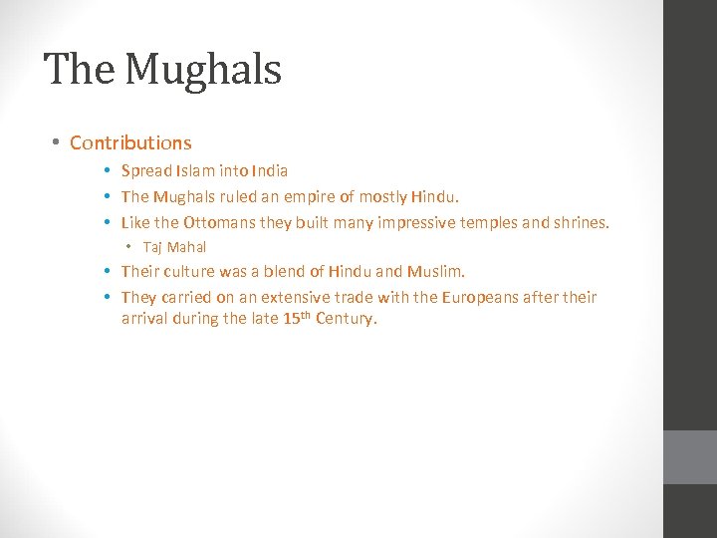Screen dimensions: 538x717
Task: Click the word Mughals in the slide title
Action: pos(203,70)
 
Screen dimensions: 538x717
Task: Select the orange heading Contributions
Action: pos(130,143)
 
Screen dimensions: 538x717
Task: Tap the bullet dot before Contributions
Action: pos(56,143)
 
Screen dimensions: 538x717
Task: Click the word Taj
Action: pos(152,247)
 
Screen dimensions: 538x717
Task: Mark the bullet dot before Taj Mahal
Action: pos(129,247)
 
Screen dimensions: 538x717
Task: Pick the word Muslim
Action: pos(434,271)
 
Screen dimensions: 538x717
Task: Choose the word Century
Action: pos(346,320)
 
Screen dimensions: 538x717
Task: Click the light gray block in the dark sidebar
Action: pos(690,457)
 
